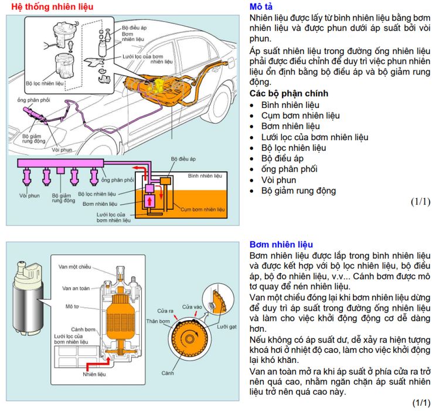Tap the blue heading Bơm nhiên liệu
coord(281,244)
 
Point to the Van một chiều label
coord(74,267)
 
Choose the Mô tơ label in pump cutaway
coord(72,306)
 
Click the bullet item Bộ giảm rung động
coord(298,191)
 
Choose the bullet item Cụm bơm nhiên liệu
coord(300,116)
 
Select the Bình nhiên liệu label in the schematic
coord(205,175)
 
